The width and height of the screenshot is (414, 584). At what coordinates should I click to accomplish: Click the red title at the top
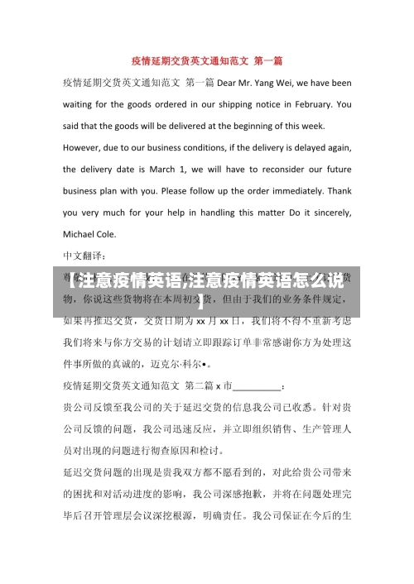207,60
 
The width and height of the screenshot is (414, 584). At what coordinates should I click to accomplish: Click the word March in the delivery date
161,169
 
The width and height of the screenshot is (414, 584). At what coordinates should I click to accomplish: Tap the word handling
206,212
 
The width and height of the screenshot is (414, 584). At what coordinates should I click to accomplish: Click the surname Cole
117,233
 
